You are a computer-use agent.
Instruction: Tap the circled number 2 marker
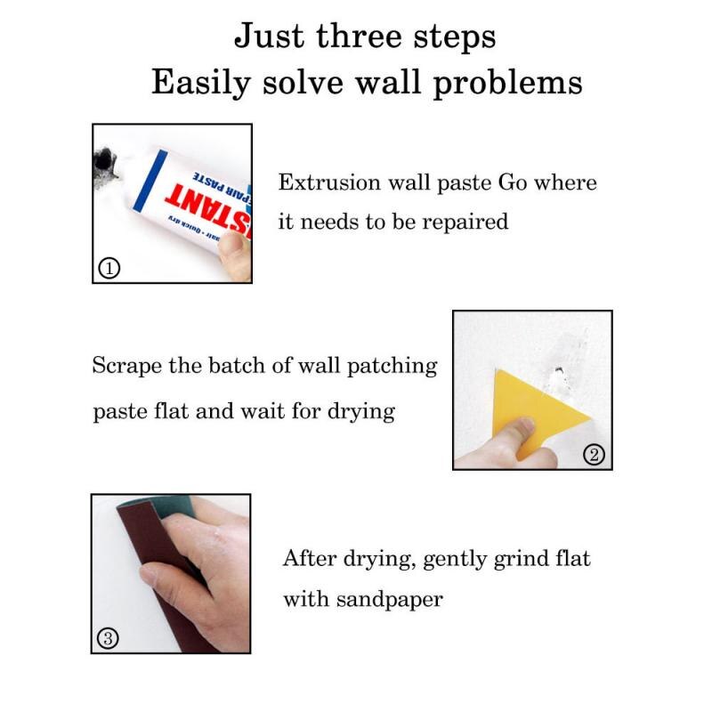[595, 455]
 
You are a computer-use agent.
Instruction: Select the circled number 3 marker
[107, 638]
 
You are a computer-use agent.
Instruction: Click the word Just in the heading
[266, 36]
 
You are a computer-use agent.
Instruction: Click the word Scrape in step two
[124, 366]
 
